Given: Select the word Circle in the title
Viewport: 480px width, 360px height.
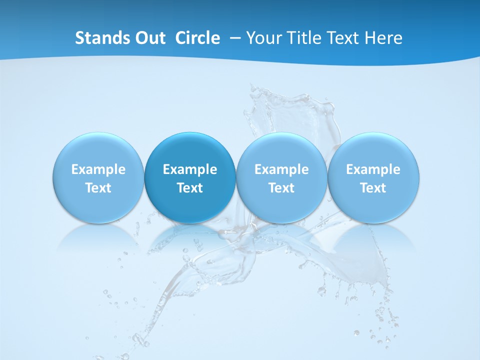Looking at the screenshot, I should [197, 38].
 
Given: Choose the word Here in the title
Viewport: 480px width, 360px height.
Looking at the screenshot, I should [383, 38].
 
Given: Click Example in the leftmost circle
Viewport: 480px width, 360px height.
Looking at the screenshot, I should [98, 169].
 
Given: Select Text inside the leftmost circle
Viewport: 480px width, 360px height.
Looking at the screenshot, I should [98, 188].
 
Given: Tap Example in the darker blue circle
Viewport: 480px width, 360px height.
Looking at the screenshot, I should [190, 169].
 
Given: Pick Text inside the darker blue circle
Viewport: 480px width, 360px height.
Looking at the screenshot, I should [190, 188].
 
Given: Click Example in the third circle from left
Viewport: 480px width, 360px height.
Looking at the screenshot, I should [281, 169].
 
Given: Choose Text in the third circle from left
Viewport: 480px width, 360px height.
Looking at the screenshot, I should [281, 188].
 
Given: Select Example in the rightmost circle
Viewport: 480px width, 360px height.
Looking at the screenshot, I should [373, 169].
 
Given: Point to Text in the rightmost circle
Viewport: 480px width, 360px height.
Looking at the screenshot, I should [373, 188].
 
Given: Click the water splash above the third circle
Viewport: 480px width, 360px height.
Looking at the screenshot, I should [290, 110].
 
